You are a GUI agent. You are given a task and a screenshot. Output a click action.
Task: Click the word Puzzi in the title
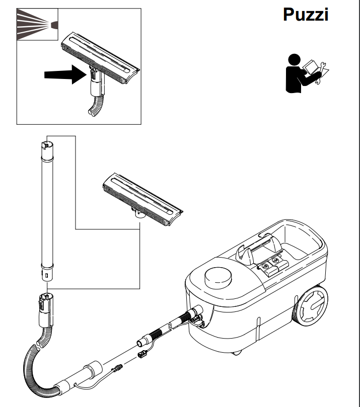[x=306, y=15]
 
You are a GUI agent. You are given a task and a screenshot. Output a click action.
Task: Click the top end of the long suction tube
[x=47, y=146]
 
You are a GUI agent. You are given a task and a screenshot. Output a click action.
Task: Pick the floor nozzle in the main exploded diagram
[x=141, y=199]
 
